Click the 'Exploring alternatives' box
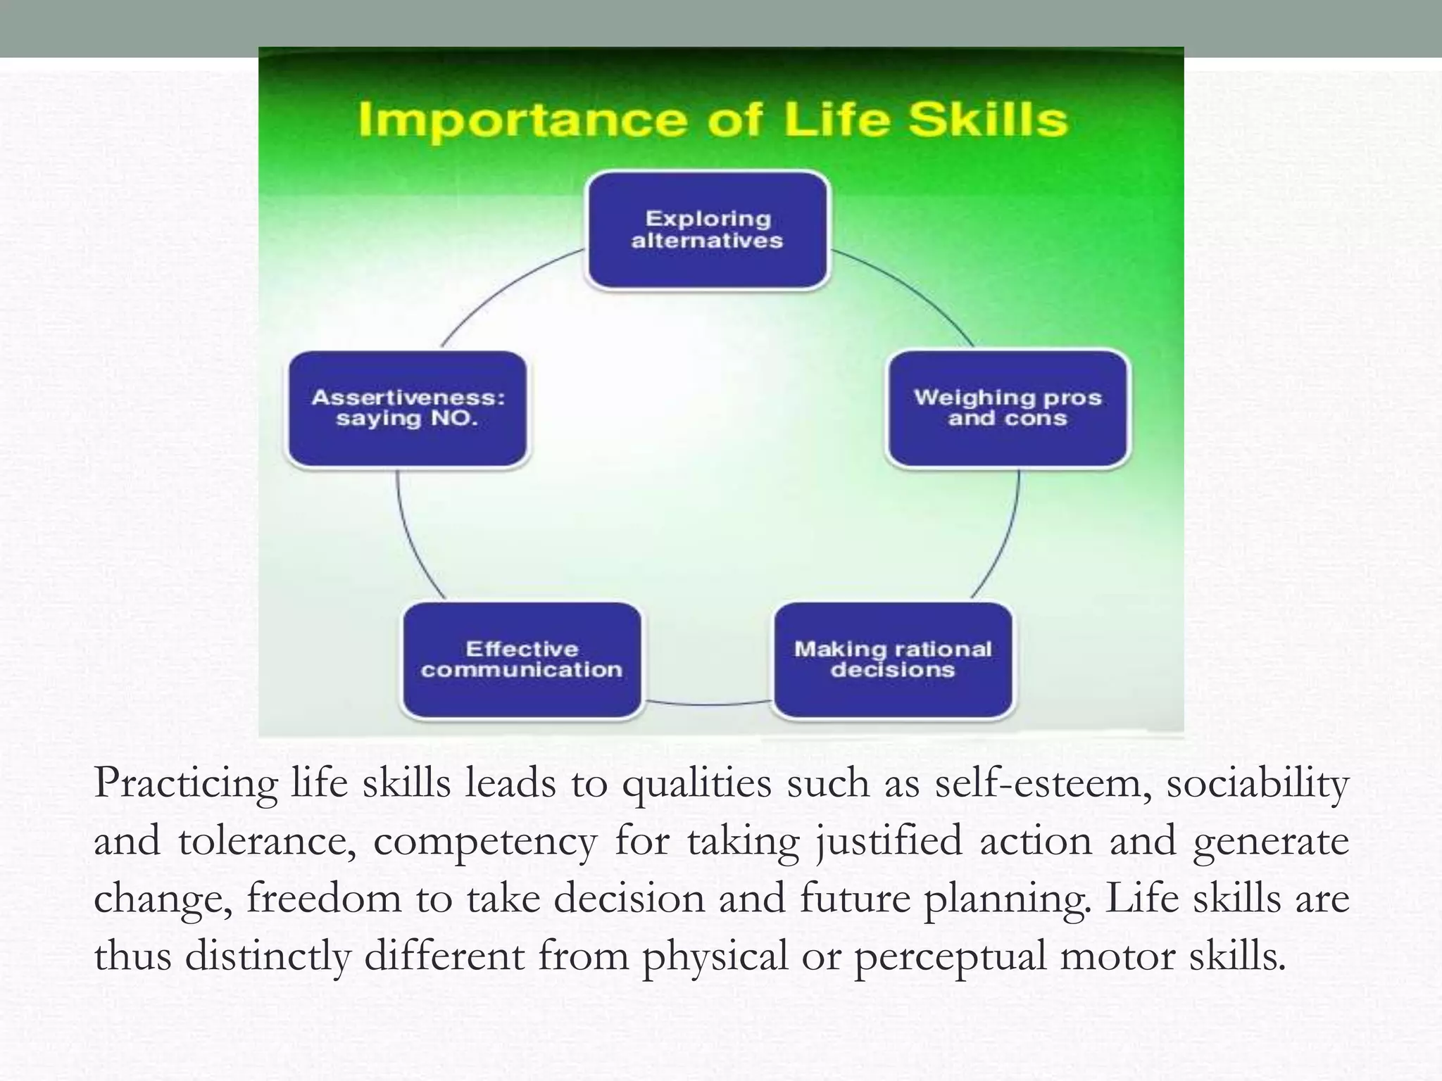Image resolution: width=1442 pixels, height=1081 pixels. pos(708,230)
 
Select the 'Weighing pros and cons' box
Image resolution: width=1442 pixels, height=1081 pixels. pos(1008,408)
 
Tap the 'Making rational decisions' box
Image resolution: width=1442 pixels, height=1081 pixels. pos(893,659)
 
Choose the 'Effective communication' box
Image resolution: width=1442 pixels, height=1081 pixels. pos(522,659)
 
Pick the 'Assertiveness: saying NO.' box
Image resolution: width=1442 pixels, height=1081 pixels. pos(408,408)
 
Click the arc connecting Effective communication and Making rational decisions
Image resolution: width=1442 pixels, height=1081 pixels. pos(708,703)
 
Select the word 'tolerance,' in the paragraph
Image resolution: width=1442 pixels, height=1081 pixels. pos(267,842)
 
